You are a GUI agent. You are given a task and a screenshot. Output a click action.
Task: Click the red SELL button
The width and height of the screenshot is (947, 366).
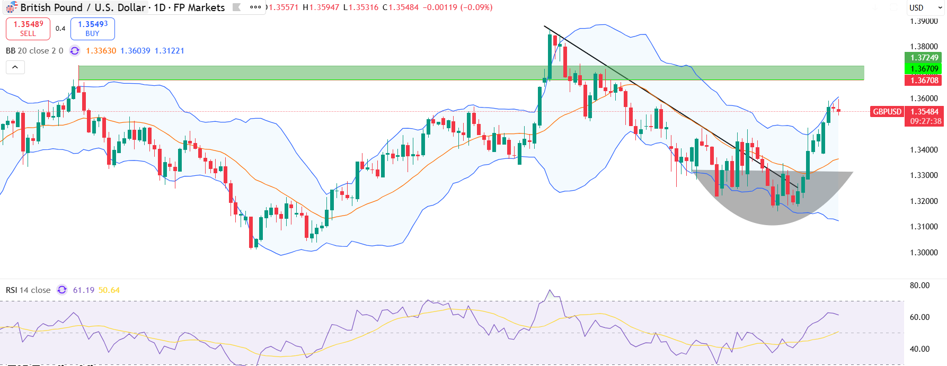tap(28, 29)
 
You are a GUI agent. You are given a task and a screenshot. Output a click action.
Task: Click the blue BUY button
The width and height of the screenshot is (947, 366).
tap(93, 29)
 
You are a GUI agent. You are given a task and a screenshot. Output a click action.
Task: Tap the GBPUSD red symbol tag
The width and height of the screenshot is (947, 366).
tap(887, 112)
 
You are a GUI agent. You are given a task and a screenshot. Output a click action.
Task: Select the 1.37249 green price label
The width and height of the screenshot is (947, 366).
tap(924, 58)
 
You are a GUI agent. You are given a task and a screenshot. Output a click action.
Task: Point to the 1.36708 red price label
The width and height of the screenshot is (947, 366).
tap(924, 81)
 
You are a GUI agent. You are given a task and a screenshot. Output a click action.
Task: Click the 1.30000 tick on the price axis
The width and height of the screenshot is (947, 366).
tap(924, 253)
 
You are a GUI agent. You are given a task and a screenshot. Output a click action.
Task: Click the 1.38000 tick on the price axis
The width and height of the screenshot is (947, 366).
tap(924, 47)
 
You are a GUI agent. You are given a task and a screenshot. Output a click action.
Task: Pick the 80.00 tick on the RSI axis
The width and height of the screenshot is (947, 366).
tap(919, 285)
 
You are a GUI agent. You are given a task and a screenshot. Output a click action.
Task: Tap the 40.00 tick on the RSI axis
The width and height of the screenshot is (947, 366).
tap(919, 349)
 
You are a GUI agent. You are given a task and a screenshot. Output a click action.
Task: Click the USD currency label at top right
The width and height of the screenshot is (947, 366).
tap(916, 8)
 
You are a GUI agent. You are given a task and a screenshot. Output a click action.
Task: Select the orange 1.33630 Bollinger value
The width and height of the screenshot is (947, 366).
tap(101, 51)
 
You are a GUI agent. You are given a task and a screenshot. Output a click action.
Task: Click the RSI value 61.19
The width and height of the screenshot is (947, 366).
tap(83, 290)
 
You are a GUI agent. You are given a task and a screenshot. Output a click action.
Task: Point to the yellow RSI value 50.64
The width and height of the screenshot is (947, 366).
tap(109, 290)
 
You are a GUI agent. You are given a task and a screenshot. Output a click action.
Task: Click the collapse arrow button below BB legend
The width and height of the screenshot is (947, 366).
tap(15, 67)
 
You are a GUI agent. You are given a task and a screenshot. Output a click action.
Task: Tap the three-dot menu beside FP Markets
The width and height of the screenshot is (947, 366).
tap(255, 7)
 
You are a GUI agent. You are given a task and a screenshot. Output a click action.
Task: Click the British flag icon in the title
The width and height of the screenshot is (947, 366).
tap(11, 8)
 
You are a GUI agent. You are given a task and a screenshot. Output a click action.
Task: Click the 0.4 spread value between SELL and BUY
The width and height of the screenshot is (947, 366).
tap(60, 29)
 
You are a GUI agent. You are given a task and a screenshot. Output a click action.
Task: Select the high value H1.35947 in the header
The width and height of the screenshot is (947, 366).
tap(321, 7)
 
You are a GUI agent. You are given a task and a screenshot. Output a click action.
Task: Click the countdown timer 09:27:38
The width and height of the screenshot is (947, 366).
tap(926, 121)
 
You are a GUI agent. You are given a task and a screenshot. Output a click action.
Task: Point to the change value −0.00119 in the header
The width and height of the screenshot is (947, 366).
tap(439, 7)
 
